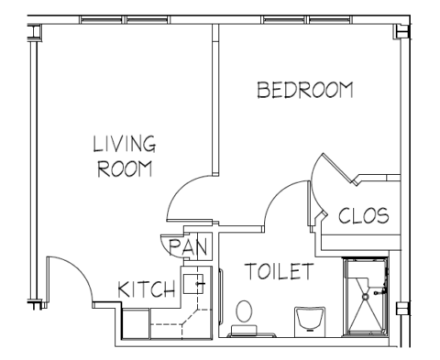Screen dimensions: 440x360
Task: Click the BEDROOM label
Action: click(x=305, y=90)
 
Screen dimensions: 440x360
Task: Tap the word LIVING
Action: click(x=125, y=144)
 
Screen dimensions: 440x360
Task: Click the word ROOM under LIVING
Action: click(x=125, y=169)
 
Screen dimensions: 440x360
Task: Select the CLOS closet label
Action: click(x=364, y=215)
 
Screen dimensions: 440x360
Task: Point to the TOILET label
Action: click(x=279, y=271)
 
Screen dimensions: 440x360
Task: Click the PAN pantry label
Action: click(x=188, y=247)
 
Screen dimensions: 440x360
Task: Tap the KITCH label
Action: click(x=147, y=289)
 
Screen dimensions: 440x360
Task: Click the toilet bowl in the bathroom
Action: click(x=244, y=311)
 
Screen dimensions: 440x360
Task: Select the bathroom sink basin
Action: click(x=310, y=318)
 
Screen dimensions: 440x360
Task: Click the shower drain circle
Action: click(x=365, y=296)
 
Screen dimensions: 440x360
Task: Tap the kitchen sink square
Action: click(x=193, y=284)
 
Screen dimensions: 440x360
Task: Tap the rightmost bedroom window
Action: click(x=330, y=20)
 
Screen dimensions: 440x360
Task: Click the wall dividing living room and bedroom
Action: click(x=215, y=100)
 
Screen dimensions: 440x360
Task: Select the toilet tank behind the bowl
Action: click(x=244, y=330)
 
